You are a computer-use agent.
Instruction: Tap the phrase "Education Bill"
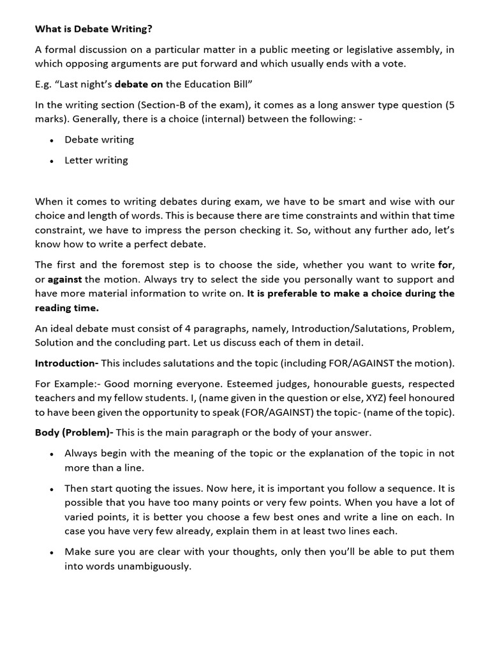[217, 84]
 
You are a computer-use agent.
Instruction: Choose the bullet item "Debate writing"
[99, 139]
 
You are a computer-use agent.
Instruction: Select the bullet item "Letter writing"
[96, 160]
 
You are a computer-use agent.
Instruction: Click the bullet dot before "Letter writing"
[50, 161]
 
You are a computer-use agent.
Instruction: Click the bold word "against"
[65, 279]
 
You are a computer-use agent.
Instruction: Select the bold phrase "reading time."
[67, 307]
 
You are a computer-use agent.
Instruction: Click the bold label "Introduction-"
[66, 363]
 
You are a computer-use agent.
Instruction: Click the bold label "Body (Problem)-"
[74, 432]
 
